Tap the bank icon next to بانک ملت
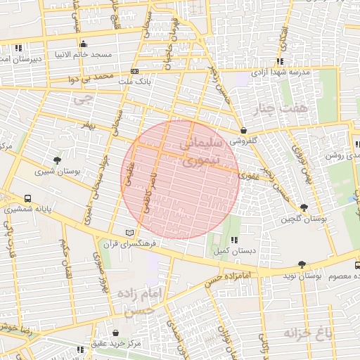135,72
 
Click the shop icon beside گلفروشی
243,130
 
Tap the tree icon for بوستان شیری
57,160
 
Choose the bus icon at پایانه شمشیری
27,198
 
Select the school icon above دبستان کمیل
233,240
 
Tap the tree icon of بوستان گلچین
304,207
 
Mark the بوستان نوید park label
323,277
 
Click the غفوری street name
248,175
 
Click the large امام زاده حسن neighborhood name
140,300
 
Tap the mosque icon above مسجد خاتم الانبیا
84,44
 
